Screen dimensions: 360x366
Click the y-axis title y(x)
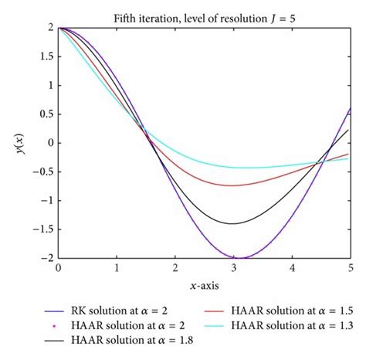22,143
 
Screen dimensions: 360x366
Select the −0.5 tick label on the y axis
43,172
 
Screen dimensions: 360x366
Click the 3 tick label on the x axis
234,270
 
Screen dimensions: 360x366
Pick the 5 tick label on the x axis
351,270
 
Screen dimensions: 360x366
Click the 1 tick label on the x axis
117,270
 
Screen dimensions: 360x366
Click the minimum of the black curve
232,223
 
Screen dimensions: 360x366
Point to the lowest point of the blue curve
241,258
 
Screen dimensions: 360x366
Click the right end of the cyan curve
351,158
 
